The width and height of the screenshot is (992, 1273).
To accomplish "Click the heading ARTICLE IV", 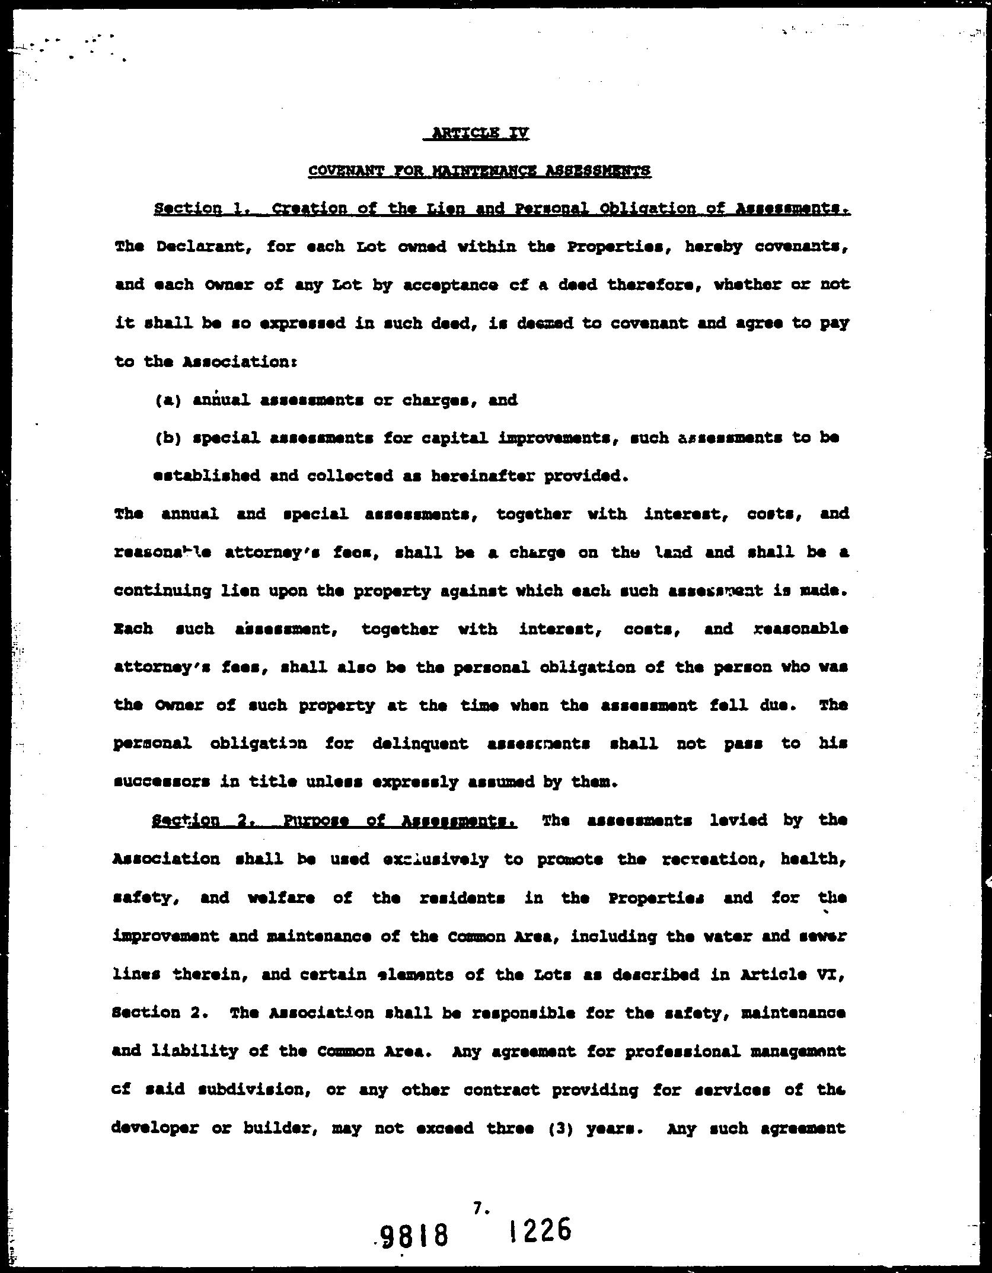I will click(477, 134).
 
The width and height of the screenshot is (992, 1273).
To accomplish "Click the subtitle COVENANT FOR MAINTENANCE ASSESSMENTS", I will click(479, 171).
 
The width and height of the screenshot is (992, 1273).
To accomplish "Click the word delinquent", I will click(420, 744).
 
